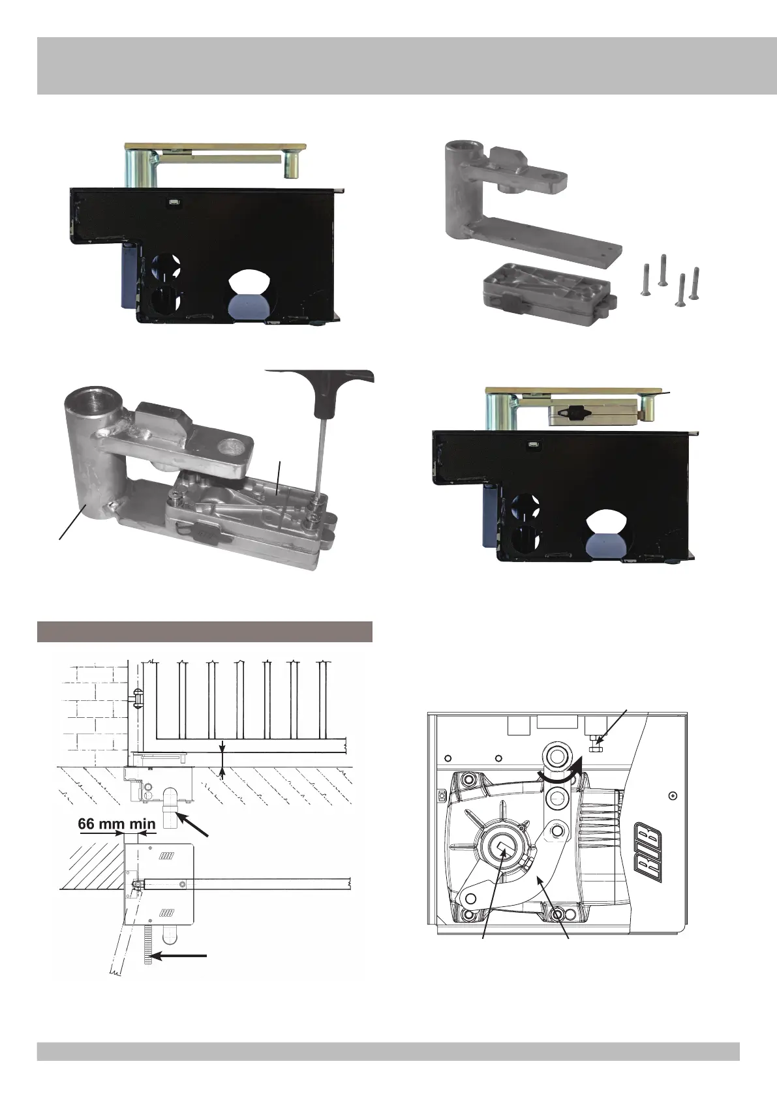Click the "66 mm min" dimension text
pos(116,823)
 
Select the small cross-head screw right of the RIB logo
pos(673,795)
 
